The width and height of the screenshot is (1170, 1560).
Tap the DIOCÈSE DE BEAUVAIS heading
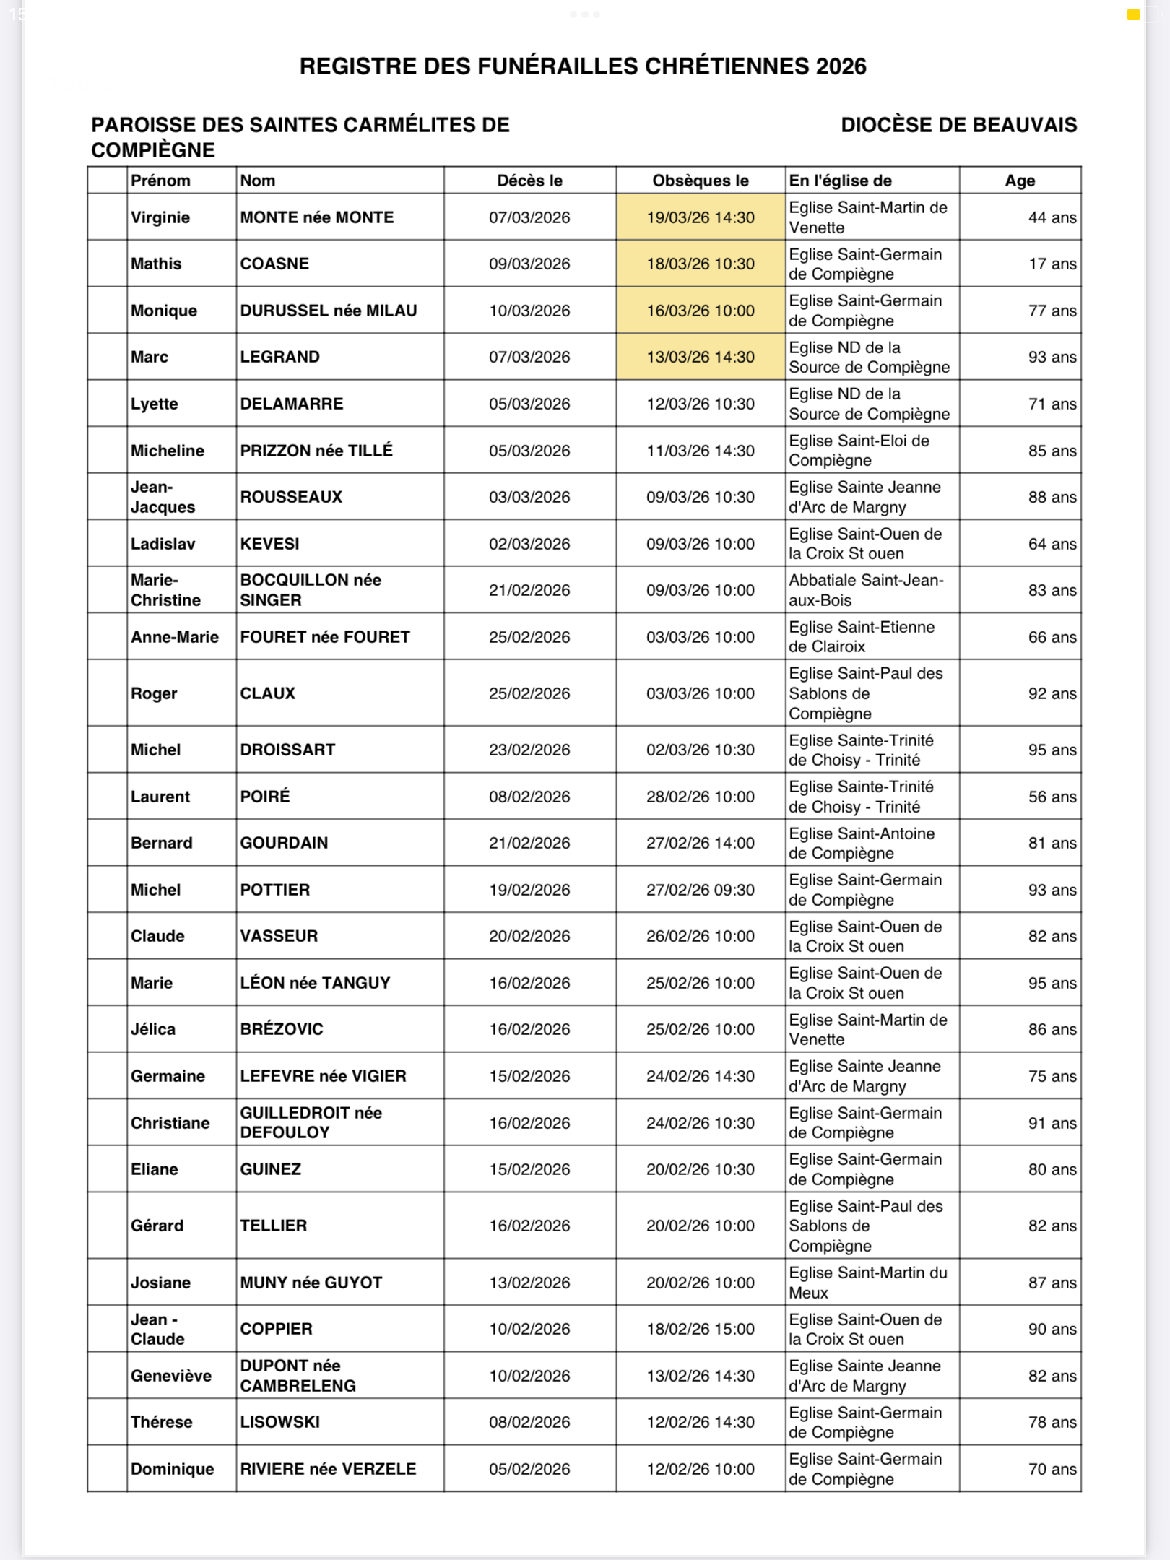(x=958, y=125)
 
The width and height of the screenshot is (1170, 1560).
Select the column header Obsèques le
(x=700, y=181)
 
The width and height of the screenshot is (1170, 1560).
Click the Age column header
(x=1019, y=181)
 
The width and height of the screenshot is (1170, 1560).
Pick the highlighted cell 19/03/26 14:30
(x=700, y=217)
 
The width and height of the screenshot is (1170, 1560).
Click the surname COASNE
(x=274, y=264)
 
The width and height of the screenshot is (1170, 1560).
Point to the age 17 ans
(x=1052, y=264)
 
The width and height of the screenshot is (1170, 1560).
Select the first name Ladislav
(x=162, y=544)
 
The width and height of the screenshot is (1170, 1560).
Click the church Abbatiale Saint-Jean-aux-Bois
(x=865, y=590)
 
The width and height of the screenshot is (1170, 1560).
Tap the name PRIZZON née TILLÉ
(x=316, y=451)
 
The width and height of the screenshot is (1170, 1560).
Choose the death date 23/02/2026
(x=529, y=750)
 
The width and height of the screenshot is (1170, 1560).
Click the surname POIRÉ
(x=265, y=797)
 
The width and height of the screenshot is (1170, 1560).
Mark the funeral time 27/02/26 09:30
(x=700, y=890)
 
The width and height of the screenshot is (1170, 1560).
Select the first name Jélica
(x=153, y=1029)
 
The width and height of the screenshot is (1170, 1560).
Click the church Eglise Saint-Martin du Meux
(x=867, y=1283)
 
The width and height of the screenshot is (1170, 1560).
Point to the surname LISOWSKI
(x=280, y=1422)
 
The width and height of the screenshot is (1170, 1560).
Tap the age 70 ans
(x=1052, y=1469)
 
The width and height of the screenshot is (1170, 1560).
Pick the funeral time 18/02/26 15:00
(x=700, y=1329)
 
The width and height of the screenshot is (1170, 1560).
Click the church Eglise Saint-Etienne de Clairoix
(x=862, y=637)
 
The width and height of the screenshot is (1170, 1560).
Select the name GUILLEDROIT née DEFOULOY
(x=311, y=1123)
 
